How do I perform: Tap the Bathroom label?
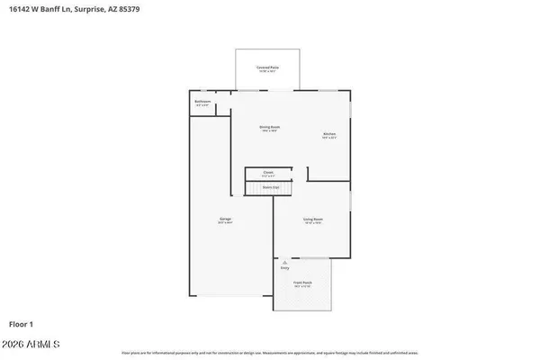click(202, 102)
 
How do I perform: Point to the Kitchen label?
click(328, 135)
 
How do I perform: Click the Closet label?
click(268, 171)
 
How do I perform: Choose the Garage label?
click(225, 219)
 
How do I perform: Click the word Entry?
click(285, 268)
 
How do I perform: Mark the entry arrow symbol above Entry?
click(285, 262)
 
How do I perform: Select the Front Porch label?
click(302, 283)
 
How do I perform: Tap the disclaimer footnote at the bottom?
click(269, 354)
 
